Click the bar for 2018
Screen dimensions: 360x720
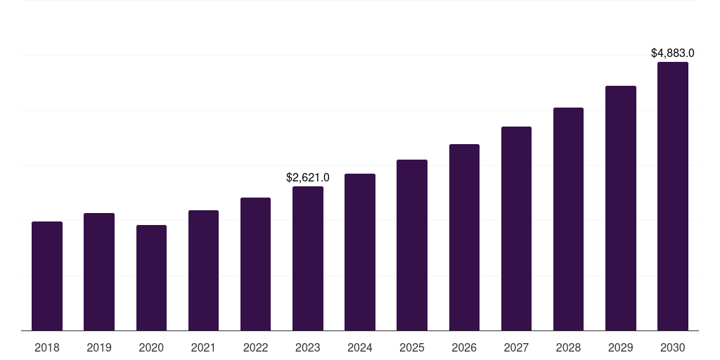pos(47,276)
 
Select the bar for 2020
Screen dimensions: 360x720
pos(151,278)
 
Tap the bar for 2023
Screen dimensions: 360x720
pos(308,259)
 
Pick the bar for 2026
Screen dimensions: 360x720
pos(464,238)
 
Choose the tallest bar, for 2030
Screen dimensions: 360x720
pos(673,196)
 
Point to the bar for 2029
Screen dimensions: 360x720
pos(621,208)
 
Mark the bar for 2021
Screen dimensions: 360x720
pos(203,271)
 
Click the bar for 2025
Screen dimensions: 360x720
pos(412,245)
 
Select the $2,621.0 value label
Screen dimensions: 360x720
pos(308,178)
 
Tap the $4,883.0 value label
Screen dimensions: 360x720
pos(673,53)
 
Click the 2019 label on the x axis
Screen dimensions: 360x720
pos(99,347)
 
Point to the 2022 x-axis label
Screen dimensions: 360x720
pos(256,347)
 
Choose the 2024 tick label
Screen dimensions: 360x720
pos(360,347)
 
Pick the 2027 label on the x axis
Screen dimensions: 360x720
pos(516,347)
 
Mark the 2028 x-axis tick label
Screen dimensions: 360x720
pos(568,347)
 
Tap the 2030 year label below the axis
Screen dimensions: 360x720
pos(673,347)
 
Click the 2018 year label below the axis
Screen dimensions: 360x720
pos(47,347)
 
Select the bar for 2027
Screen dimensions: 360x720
pos(516,229)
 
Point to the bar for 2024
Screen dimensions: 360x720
pos(360,252)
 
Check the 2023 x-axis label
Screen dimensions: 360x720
pos(308,347)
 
